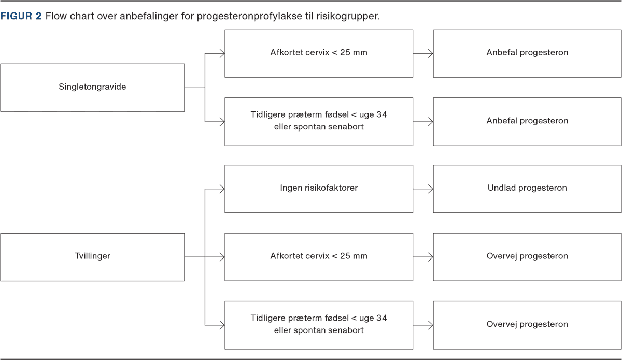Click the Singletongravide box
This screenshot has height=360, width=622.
[x=92, y=88]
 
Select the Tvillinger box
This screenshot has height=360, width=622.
[x=92, y=257]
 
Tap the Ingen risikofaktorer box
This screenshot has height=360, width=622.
[x=319, y=189]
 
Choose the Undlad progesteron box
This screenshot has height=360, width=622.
[x=527, y=189]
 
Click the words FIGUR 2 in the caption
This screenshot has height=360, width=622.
[x=21, y=16]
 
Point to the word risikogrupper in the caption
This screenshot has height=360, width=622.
[x=348, y=17]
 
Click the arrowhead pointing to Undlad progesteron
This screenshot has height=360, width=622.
[x=431, y=189]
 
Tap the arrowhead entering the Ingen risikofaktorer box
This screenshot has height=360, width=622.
[x=222, y=189]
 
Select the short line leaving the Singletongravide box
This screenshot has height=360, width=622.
[x=195, y=88]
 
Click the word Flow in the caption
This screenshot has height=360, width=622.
[x=56, y=16]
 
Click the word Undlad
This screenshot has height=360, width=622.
[x=502, y=188]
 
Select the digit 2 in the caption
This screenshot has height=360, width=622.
[x=38, y=16]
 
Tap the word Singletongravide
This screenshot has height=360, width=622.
[x=92, y=87]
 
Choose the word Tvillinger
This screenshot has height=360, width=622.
[x=92, y=256]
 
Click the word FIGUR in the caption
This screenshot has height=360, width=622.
[x=17, y=16]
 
